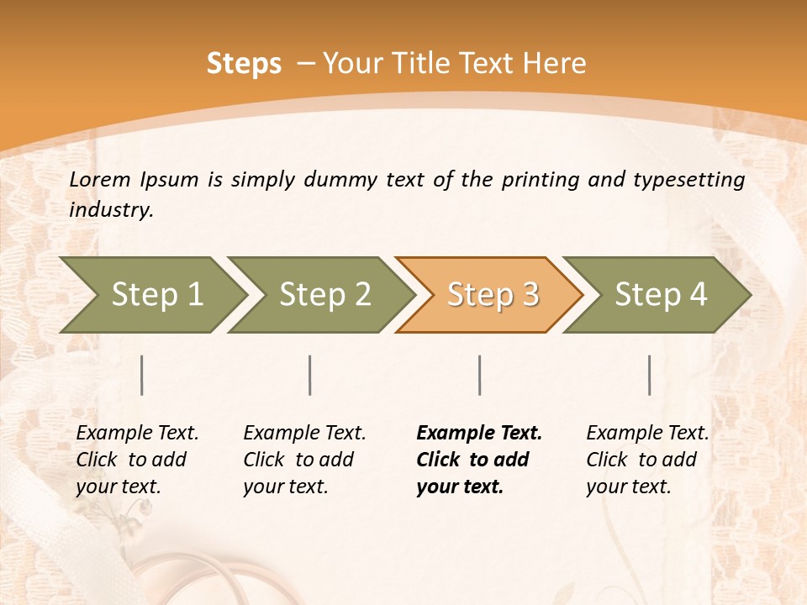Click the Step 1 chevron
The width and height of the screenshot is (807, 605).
point(157,294)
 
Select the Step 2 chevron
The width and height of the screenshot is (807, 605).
point(324,294)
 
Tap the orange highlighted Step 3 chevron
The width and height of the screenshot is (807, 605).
point(493,294)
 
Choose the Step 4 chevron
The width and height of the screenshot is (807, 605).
point(661,294)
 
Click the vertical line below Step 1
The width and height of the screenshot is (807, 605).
point(142,375)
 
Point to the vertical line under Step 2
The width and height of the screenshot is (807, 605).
point(310,375)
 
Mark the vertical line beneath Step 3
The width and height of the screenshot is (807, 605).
point(479,375)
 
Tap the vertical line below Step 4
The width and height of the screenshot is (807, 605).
point(649,375)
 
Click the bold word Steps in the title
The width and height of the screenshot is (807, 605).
point(244,64)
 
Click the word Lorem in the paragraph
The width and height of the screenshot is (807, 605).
point(100,179)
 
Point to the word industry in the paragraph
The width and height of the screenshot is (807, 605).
point(110,210)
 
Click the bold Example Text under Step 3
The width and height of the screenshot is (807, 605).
point(479,434)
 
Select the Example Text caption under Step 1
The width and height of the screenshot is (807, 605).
point(137,434)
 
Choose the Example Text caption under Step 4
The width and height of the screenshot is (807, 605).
point(647,434)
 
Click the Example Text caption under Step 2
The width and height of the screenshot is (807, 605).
point(304,434)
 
